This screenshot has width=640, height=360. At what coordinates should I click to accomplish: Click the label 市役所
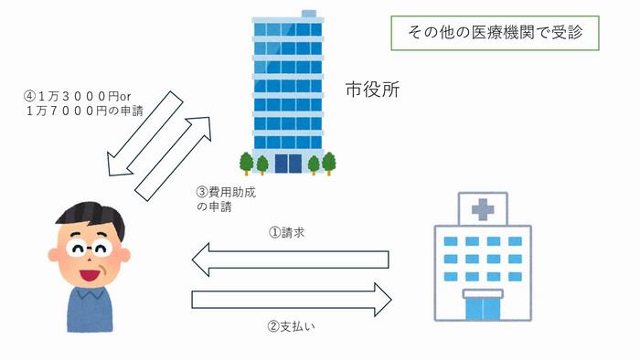pyautogui.click(x=372, y=90)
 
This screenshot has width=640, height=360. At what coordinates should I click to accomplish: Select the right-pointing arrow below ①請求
pyautogui.click(x=291, y=299)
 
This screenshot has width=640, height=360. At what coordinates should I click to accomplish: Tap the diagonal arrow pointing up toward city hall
pyautogui.click(x=174, y=155)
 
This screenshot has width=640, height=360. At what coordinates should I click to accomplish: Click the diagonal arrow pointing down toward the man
pyautogui.click(x=142, y=132)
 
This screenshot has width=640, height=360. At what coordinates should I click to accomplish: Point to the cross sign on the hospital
pyautogui.click(x=482, y=211)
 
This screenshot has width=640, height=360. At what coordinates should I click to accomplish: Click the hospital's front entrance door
pyautogui.click(x=482, y=306)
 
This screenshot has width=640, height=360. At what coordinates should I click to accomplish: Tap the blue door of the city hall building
pyautogui.click(x=288, y=164)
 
